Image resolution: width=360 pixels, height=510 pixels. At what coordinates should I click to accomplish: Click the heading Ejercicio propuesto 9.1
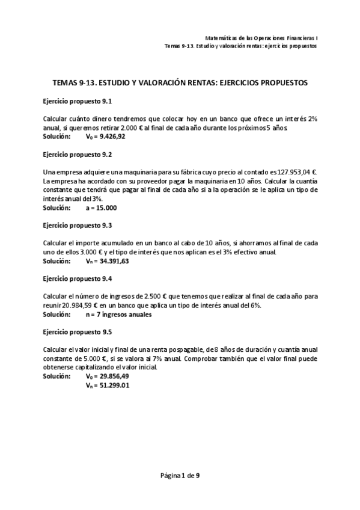tap(78, 102)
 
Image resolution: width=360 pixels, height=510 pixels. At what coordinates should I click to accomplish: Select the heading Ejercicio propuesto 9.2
tap(78, 154)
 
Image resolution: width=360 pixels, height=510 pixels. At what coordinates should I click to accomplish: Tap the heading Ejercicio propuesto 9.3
tap(78, 225)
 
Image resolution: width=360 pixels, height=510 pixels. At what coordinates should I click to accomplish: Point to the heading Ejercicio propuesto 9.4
tap(78, 278)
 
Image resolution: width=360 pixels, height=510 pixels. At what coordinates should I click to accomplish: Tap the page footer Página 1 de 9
tap(180, 475)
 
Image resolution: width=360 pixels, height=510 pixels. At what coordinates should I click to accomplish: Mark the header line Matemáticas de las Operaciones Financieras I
tap(261, 36)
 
